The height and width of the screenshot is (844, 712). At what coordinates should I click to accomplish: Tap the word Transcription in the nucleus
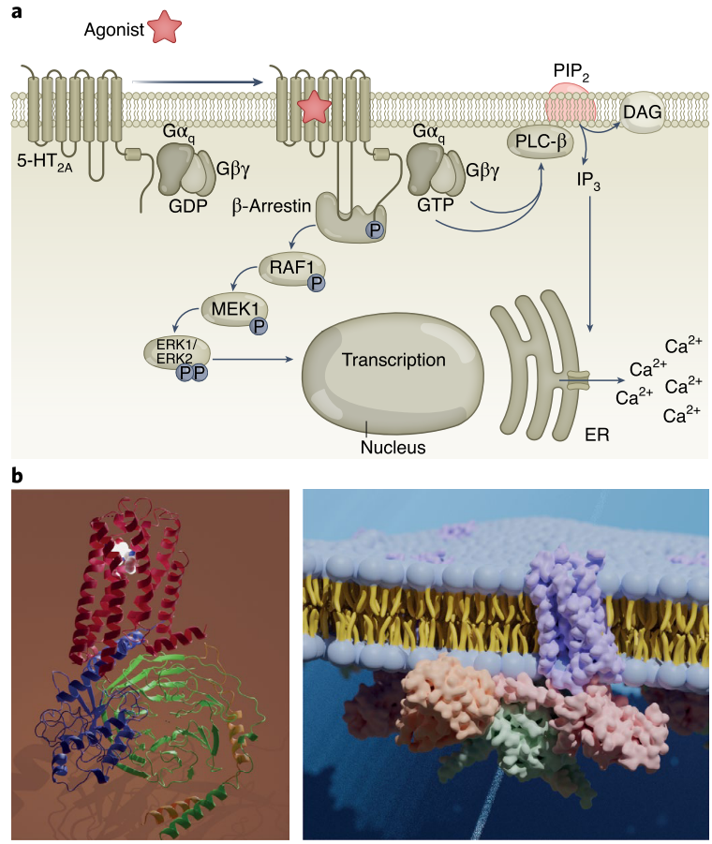click(x=393, y=360)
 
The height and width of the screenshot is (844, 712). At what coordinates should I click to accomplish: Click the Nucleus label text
click(x=393, y=448)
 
